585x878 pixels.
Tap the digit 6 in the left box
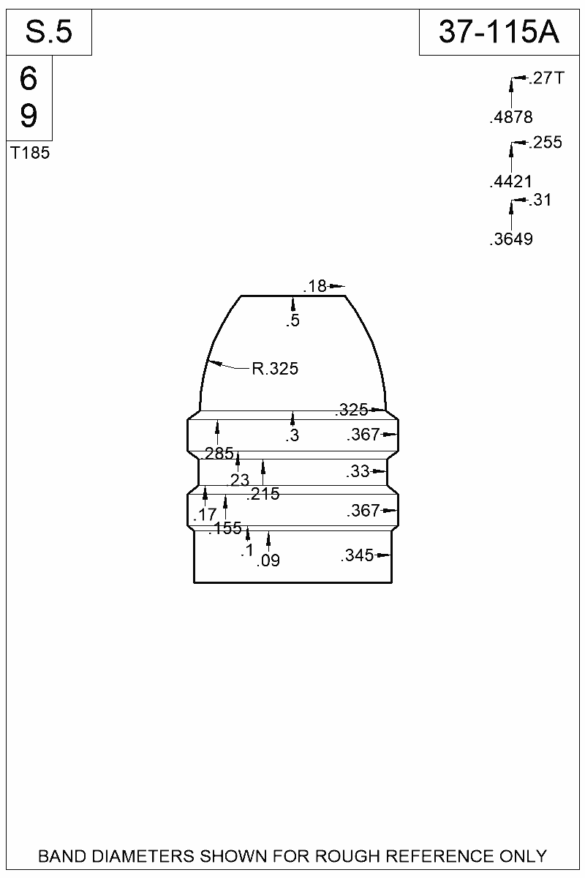(x=29, y=78)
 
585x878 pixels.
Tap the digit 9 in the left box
(x=29, y=116)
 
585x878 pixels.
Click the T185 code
(x=30, y=153)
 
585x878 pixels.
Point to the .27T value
(x=546, y=78)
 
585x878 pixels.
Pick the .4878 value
(x=511, y=117)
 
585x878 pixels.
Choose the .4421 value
(x=511, y=181)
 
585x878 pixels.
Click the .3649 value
(x=511, y=239)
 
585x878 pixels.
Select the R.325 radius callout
(x=275, y=369)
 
